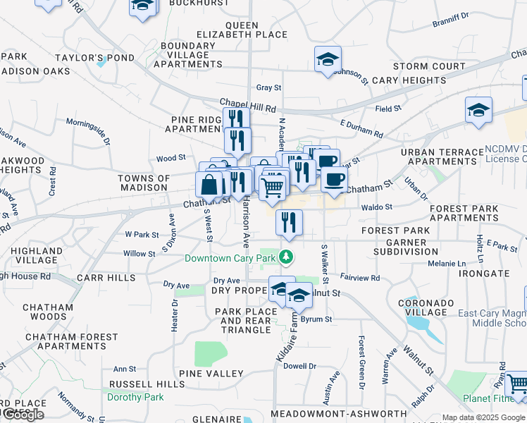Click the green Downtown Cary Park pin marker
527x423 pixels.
pos(286,257)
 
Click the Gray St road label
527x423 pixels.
pos(268,88)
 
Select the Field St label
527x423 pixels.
pos(387,109)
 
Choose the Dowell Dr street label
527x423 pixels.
pos(300,366)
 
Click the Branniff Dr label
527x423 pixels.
pos(450,21)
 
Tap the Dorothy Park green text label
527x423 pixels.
pos(135,397)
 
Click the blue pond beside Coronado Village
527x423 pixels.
pos(418,325)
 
